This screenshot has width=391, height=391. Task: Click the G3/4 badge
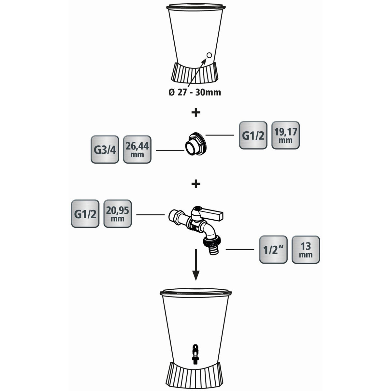(x=105, y=149)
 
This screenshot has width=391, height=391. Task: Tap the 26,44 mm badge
(x=137, y=149)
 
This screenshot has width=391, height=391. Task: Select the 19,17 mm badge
(x=285, y=135)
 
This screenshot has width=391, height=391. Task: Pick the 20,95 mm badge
(x=118, y=214)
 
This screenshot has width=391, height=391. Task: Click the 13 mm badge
(x=306, y=250)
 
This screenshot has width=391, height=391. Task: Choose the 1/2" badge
(x=273, y=250)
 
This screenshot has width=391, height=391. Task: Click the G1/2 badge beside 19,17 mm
(x=253, y=135)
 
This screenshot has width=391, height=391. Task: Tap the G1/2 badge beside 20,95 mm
(x=85, y=214)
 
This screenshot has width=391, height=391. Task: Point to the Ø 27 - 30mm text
(x=195, y=93)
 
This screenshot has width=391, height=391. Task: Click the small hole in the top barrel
(x=209, y=55)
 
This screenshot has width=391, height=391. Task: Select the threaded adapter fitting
(x=196, y=144)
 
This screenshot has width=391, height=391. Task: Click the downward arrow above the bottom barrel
(x=195, y=265)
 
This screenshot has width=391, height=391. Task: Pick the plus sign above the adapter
(x=196, y=112)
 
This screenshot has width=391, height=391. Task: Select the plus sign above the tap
(x=196, y=184)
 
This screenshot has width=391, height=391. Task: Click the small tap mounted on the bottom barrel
(x=195, y=352)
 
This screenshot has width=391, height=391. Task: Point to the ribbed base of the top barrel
(x=195, y=73)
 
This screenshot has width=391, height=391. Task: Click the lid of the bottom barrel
(x=196, y=293)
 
